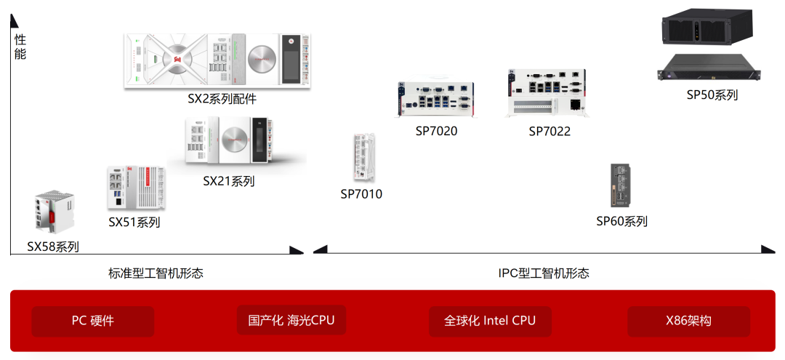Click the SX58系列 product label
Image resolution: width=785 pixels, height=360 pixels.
point(53,247)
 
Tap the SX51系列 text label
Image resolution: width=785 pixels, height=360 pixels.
point(134,222)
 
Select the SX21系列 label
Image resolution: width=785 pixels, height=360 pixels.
point(229,181)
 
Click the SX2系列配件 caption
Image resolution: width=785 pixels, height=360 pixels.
point(222,98)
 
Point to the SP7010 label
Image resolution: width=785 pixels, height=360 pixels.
point(361,194)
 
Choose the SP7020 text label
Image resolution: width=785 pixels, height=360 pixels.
point(437,131)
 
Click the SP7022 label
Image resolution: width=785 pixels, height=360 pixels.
point(549,131)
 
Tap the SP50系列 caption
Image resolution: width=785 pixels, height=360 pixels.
point(712,95)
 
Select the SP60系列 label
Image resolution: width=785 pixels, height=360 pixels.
point(621,221)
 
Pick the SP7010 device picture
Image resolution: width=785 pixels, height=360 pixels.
point(363,157)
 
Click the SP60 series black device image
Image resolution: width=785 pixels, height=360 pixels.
point(621,186)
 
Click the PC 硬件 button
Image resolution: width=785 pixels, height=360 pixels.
point(93,321)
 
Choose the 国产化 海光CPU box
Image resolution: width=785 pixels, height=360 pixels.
point(291,320)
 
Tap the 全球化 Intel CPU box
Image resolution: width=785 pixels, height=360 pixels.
point(490,321)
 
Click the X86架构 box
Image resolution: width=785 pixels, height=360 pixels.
point(688,321)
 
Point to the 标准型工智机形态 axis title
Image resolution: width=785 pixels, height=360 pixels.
point(156,273)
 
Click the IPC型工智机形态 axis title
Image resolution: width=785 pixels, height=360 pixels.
point(544,273)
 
